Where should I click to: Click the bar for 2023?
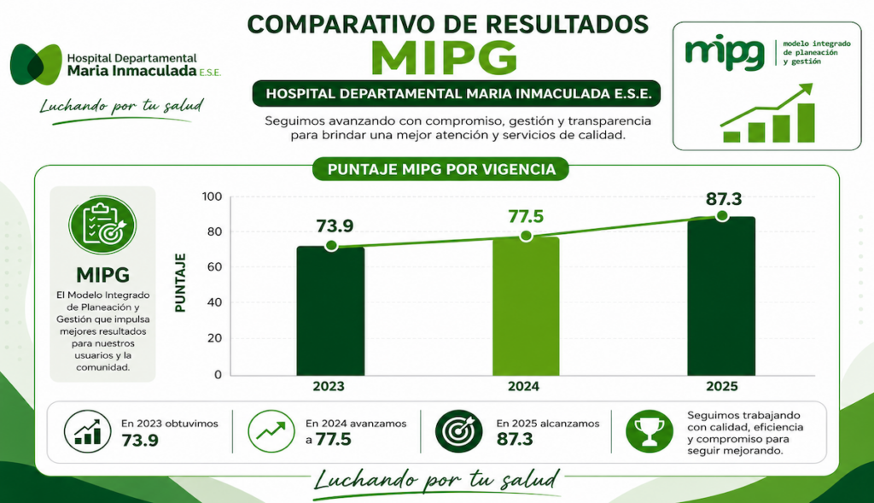[x=330, y=311]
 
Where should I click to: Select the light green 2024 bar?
[x=526, y=306]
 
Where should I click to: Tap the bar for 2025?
[x=721, y=296]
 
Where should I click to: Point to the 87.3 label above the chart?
[x=724, y=198]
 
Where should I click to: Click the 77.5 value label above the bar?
[x=526, y=216]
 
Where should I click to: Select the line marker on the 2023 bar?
[x=331, y=246]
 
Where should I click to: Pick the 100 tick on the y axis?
[x=213, y=196]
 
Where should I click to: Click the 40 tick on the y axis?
[x=214, y=302]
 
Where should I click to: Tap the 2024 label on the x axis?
[x=523, y=386]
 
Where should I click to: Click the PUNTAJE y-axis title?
[x=180, y=283]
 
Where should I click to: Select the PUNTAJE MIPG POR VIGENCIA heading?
[x=441, y=170]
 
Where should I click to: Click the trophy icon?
[x=650, y=431]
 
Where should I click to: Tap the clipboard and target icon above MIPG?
[x=102, y=225]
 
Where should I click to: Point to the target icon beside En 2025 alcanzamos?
[x=458, y=431]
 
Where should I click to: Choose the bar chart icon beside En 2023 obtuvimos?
[x=88, y=431]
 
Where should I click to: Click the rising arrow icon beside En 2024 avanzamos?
[x=271, y=431]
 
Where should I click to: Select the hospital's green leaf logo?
[x=36, y=65]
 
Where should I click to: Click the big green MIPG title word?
[x=444, y=57]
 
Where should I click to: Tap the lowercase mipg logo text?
[x=725, y=52]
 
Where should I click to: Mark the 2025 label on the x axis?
[x=722, y=386]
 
